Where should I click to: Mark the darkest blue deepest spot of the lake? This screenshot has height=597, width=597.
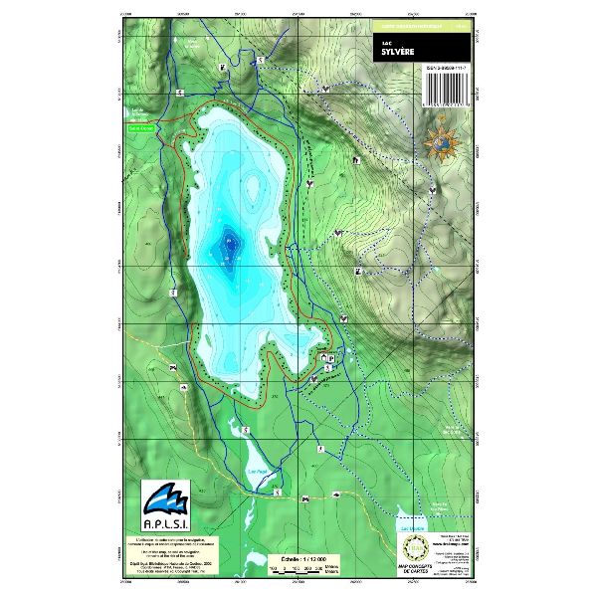229,242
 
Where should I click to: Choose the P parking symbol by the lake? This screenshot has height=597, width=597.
332,356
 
